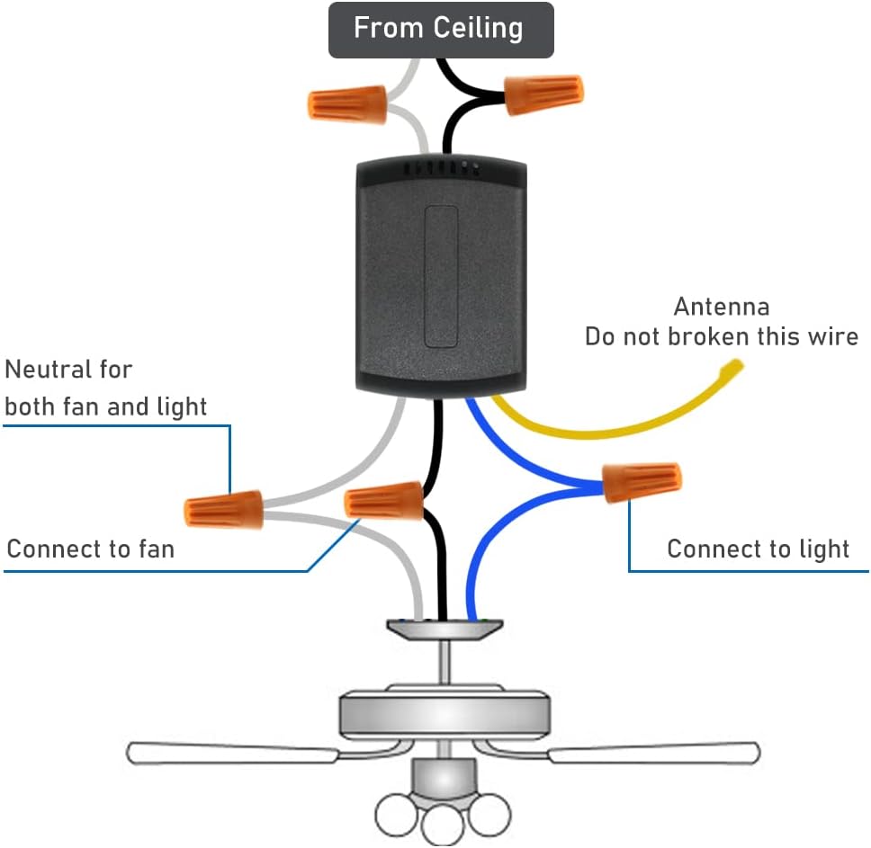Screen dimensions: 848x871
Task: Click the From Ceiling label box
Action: [440, 30]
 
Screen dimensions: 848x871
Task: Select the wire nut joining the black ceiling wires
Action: [543, 94]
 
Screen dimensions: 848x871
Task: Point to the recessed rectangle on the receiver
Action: [441, 276]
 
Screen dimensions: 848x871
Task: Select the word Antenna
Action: [721, 307]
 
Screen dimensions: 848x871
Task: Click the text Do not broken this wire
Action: [721, 337]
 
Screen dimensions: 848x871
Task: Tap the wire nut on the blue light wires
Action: [642, 482]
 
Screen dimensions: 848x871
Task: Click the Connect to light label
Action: [758, 549]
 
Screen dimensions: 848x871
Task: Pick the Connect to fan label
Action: [90, 549]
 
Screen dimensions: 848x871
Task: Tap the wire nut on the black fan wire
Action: [384, 500]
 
